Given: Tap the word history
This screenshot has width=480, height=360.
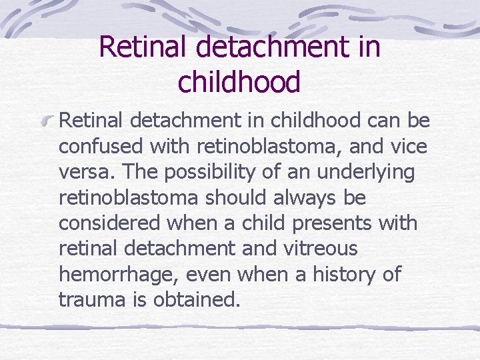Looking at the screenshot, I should click(339, 275).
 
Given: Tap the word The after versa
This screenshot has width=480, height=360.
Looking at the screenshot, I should click(141, 173).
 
